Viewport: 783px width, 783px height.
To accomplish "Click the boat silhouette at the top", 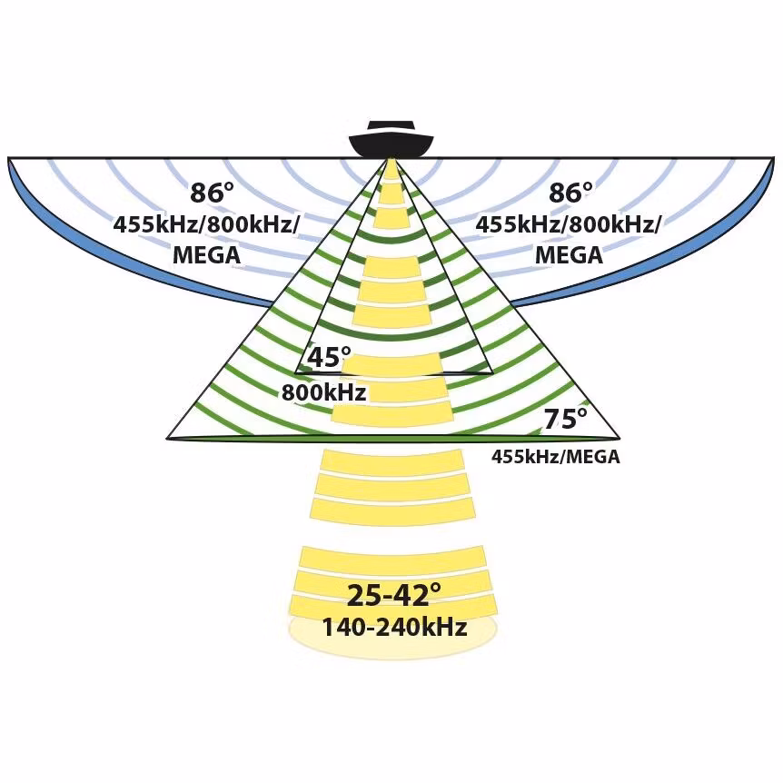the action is [391, 139].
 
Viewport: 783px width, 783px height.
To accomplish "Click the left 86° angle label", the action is [212, 193].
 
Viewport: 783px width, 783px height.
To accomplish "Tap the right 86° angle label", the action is [570, 193].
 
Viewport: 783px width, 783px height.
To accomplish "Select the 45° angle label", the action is [329, 357].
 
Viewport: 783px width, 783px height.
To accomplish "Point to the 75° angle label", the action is [566, 419].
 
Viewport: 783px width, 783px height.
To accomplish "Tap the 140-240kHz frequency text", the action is [394, 627].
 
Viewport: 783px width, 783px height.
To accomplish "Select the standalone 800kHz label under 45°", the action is [323, 392].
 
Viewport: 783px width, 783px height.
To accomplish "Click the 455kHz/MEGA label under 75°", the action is [556, 456].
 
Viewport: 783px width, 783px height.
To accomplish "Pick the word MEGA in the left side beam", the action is [207, 255].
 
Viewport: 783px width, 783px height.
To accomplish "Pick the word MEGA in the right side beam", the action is [569, 255].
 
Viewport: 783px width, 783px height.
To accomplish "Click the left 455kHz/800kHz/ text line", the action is [206, 225].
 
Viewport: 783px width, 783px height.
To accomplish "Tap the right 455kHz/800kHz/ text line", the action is [568, 225].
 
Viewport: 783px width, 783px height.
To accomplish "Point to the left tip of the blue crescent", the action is [8, 158].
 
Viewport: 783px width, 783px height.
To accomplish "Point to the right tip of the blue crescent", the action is [775, 158].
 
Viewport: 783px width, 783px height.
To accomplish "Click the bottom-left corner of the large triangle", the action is [166, 439].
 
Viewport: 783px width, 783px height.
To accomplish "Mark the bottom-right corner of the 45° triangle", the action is [493, 372].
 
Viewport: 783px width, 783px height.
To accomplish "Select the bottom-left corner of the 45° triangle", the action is [295, 372].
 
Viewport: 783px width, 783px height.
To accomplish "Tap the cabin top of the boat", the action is [391, 124].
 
